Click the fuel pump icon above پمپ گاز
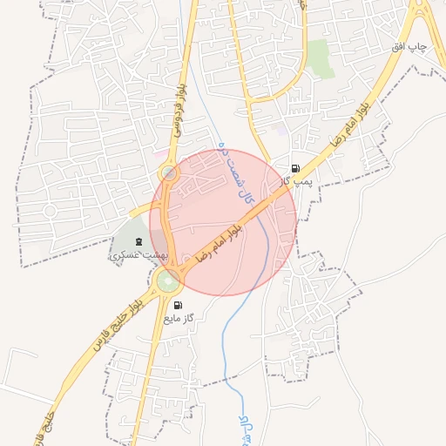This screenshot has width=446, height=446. pos(295,168)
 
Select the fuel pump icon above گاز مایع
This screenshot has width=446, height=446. pos(179,305)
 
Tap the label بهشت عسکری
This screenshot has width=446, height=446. pos(138,254)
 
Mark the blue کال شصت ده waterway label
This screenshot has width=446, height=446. pos(235,173)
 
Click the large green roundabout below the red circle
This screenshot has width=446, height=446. pos(169,280)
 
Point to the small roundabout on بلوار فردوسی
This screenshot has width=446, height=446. pos(169,174)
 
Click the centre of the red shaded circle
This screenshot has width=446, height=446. pos(223,222)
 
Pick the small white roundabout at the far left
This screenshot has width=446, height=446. pos(50,211)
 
